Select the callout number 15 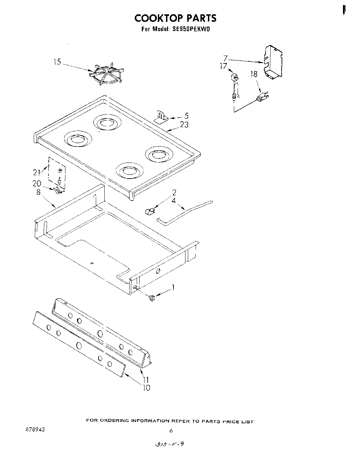click(x=57, y=62)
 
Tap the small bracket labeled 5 click(x=161, y=117)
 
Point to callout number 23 click(x=184, y=125)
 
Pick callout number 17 click(x=223, y=66)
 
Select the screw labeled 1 click(x=152, y=299)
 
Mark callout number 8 click(x=39, y=192)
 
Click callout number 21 click(x=36, y=172)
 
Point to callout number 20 click(x=36, y=183)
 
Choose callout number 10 click(x=146, y=388)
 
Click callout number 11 click(x=146, y=380)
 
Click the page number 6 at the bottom click(x=171, y=431)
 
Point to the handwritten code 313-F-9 click(x=169, y=444)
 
